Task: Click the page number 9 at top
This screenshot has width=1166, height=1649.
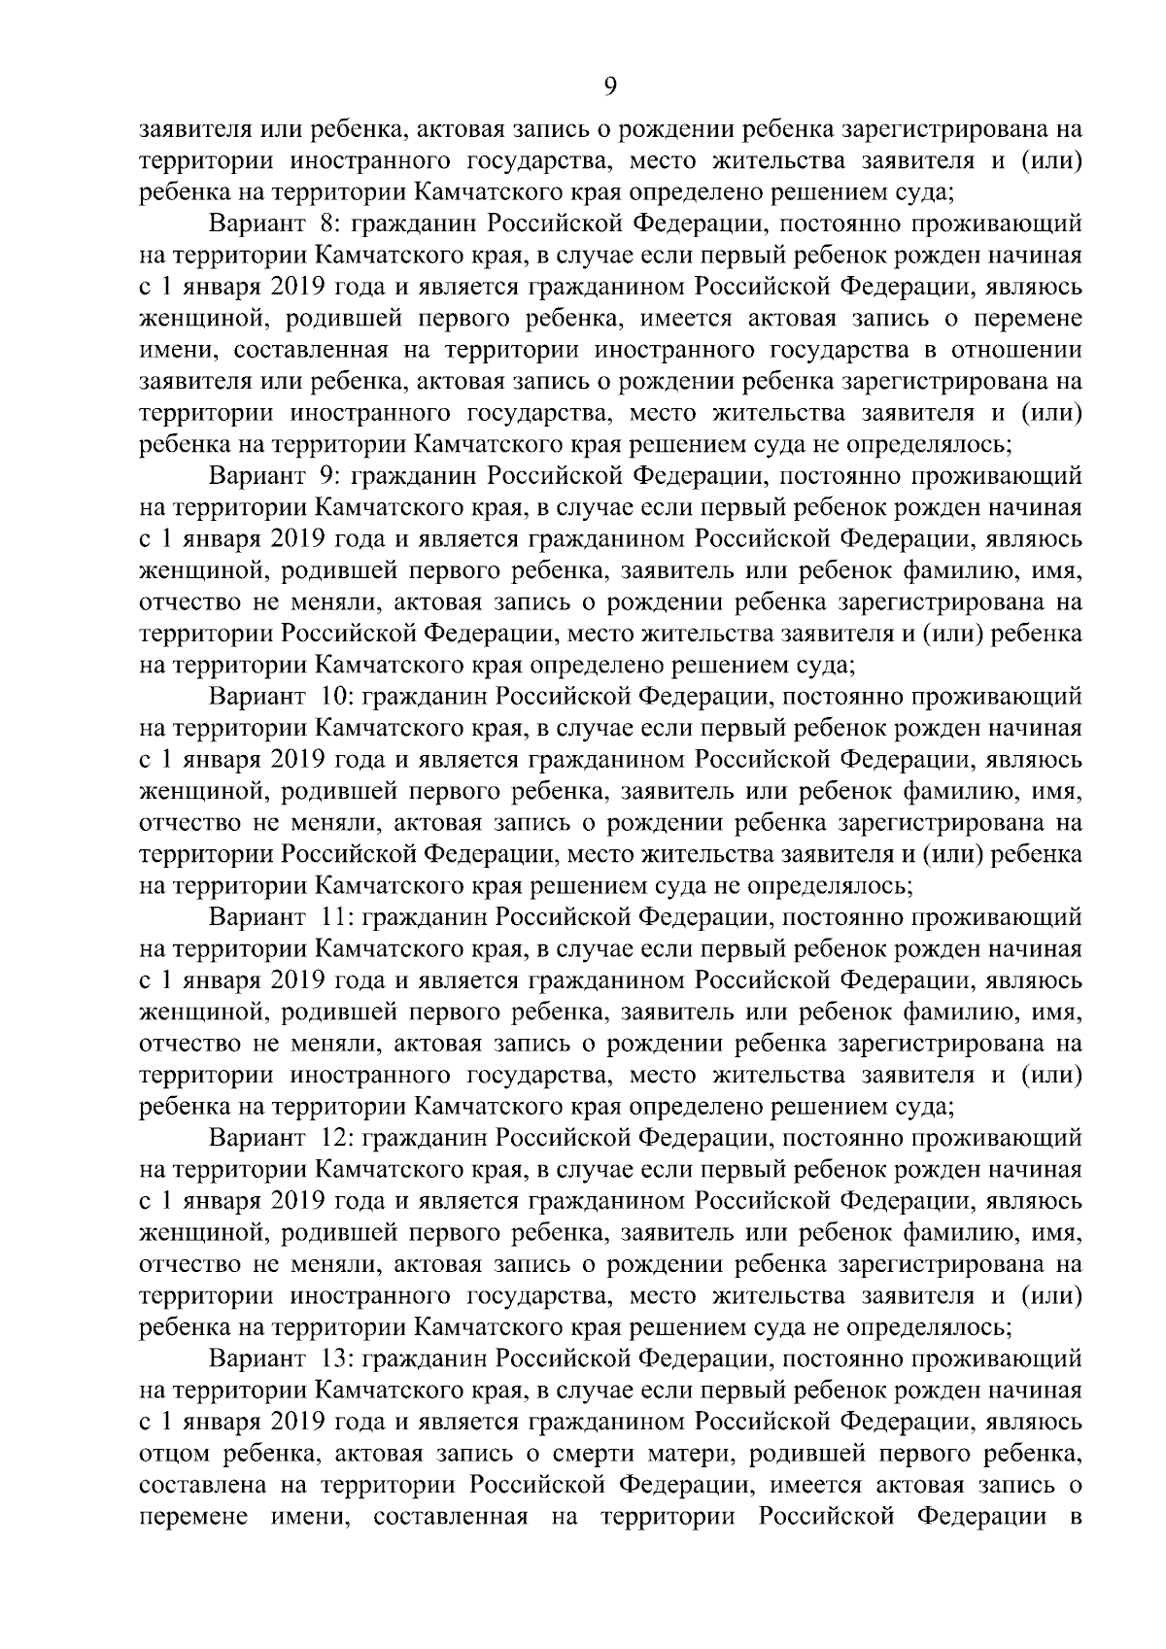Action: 609,86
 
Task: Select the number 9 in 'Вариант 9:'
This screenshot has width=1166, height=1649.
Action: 325,476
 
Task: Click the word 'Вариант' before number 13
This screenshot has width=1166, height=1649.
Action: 257,1356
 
